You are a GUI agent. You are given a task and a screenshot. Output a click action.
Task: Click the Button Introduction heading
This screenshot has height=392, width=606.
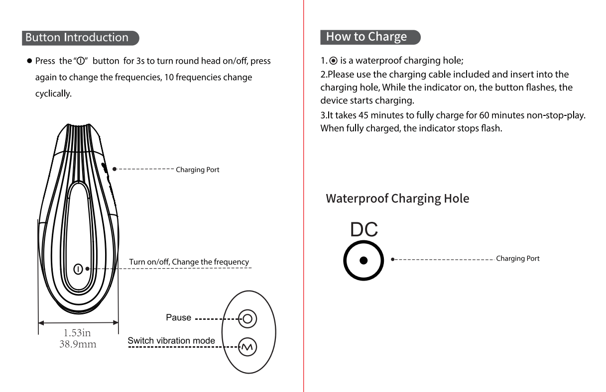(77, 38)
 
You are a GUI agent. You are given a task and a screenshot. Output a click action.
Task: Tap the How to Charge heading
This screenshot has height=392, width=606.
(366, 37)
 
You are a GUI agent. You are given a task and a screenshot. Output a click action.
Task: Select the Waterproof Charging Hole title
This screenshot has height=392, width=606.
(397, 198)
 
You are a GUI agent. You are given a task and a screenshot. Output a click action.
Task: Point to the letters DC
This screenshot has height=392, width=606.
(364, 230)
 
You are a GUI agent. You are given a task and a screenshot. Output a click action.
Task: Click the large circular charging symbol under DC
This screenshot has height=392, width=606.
(364, 260)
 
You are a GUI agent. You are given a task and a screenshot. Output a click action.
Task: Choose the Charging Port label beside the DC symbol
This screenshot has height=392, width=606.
(517, 259)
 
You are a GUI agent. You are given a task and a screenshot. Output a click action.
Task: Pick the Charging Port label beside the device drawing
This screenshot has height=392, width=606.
(197, 170)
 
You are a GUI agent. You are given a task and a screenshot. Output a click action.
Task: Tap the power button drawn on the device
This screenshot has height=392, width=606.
(78, 269)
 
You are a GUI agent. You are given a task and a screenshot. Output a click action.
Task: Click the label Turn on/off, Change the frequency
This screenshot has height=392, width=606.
(189, 262)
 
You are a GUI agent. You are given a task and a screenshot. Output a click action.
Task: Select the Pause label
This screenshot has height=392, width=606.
(178, 318)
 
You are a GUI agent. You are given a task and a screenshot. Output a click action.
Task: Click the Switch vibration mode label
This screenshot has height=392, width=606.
(171, 341)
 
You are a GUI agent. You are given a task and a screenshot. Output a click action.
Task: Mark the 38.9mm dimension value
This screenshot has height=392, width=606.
(78, 344)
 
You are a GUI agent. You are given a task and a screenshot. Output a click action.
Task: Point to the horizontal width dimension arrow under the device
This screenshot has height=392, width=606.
(78, 322)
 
